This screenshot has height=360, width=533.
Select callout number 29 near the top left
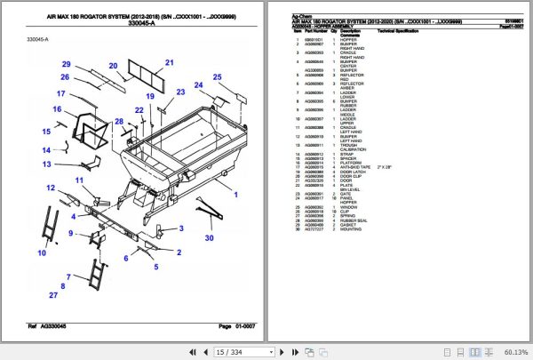point(65,64)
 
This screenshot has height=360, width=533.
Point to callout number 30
point(210,236)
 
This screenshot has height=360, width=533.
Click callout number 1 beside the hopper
point(235,192)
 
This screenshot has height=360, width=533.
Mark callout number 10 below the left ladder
point(39,252)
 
